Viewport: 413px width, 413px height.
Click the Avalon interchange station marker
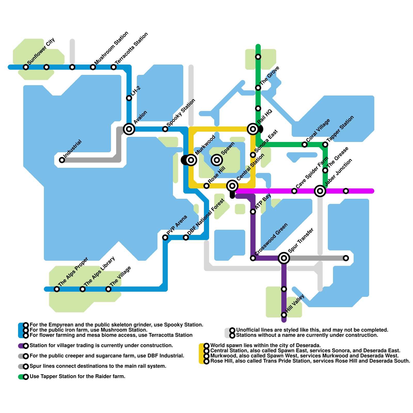coord(129,129)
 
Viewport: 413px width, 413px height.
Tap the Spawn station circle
coord(217,160)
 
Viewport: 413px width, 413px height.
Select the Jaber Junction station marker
coord(320,191)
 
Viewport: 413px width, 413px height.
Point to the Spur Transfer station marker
coord(284,258)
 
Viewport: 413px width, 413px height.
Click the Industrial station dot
coord(62,160)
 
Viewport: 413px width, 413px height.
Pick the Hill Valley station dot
coord(284,315)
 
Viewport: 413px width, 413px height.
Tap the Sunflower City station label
coord(41,51)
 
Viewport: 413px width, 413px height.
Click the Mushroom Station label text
coord(112,48)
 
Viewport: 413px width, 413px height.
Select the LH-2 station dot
coord(129,98)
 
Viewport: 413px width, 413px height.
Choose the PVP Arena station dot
coord(165,237)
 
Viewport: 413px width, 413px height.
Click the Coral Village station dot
coord(305,145)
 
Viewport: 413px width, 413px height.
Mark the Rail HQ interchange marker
coord(253,129)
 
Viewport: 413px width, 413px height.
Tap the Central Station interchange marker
coord(232,186)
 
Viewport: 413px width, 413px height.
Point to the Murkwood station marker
coord(191,160)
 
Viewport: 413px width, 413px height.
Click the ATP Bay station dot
coord(253,212)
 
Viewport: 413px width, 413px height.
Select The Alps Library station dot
coord(83,289)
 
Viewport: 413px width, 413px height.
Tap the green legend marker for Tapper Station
coord(26,377)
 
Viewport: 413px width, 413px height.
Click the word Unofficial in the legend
coord(248,330)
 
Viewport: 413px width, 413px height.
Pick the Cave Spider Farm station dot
coord(294,191)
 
